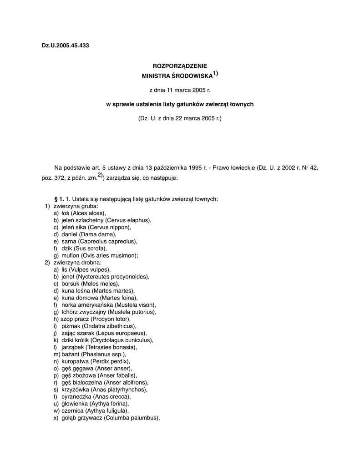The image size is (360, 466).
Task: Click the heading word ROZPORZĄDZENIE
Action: [180, 66]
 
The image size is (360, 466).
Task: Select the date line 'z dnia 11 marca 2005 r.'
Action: [180, 90]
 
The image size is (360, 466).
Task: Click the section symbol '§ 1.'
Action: [59, 199]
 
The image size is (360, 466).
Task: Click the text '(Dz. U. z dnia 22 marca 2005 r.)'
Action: [180, 118]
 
